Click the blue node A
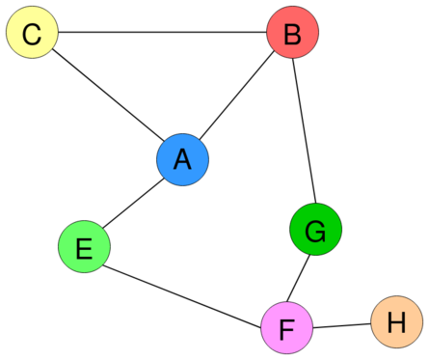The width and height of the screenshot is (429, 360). [x=182, y=160]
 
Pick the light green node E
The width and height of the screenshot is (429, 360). [x=84, y=248]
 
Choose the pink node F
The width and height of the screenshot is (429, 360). [x=286, y=329]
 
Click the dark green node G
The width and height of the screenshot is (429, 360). [x=315, y=231]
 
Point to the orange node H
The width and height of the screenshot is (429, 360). [x=396, y=322]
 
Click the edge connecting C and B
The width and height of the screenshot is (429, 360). [x=162, y=34]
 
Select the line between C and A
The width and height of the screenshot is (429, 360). [x=106, y=97]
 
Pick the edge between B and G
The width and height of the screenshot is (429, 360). [x=305, y=132]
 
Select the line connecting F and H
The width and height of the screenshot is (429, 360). [x=341, y=326]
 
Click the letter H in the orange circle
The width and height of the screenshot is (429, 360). [x=396, y=322]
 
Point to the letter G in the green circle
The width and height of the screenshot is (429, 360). [x=315, y=231]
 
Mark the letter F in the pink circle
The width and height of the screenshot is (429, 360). [x=286, y=329]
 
